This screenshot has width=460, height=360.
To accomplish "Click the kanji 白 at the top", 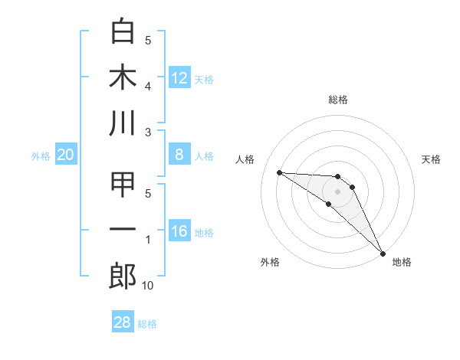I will point(123,31).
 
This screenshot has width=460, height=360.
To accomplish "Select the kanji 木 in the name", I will point(123,77).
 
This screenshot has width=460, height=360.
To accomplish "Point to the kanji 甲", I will point(123,185).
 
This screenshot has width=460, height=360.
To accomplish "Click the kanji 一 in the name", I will point(123,230).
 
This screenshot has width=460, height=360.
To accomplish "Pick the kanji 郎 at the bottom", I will point(123,276).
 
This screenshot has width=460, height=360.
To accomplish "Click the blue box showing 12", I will point(179,78).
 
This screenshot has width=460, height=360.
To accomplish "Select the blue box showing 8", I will point(179,155).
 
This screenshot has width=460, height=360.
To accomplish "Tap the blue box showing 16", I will point(179,232).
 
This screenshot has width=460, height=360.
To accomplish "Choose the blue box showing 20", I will point(66,155).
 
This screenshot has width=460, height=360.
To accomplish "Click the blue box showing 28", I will point(123,322).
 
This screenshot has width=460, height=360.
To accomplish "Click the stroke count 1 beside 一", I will point(148,241).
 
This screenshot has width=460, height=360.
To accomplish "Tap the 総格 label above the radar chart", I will point(337,100).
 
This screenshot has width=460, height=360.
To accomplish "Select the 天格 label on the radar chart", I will point(432,159).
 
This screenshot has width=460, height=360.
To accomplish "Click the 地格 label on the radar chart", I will point(402,262).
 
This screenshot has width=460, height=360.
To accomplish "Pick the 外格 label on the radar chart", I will point(270,262).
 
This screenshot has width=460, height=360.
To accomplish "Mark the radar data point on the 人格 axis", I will point(279,172).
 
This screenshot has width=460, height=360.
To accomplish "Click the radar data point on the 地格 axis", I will point(383,253).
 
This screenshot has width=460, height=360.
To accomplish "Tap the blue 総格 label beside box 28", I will point(147,324).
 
